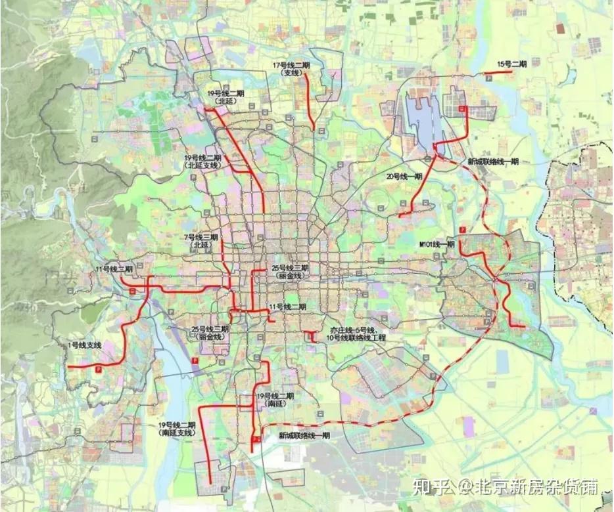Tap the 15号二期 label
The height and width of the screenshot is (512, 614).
point(512,64)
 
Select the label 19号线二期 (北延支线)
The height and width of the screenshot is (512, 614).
point(202,162)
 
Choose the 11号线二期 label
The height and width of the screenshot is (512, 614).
point(288,307)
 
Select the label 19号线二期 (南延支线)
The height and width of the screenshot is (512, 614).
point(177,429)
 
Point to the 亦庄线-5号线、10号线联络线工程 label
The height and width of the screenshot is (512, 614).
point(357,333)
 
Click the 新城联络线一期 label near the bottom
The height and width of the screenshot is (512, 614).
point(304,435)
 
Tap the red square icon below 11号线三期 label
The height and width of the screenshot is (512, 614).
point(133,289)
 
